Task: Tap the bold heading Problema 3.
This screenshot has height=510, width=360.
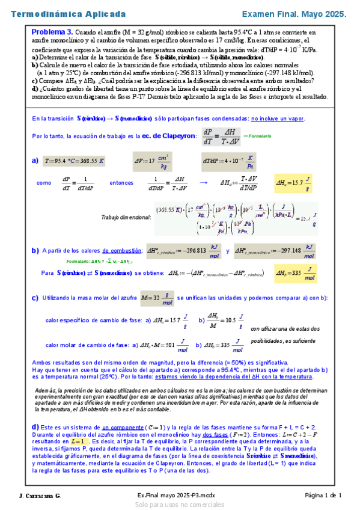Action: pyautogui.click(x=52, y=32)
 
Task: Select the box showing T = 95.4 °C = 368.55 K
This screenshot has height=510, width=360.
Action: pyautogui.click(x=75, y=161)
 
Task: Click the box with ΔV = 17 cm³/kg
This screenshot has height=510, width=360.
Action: pyautogui.click(x=151, y=161)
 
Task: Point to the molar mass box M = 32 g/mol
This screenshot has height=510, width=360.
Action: pyautogui.click(x=155, y=297)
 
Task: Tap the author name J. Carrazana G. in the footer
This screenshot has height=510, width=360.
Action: pyautogui.click(x=40, y=495)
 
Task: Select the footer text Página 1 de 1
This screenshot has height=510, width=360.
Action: pyautogui.click(x=323, y=495)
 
